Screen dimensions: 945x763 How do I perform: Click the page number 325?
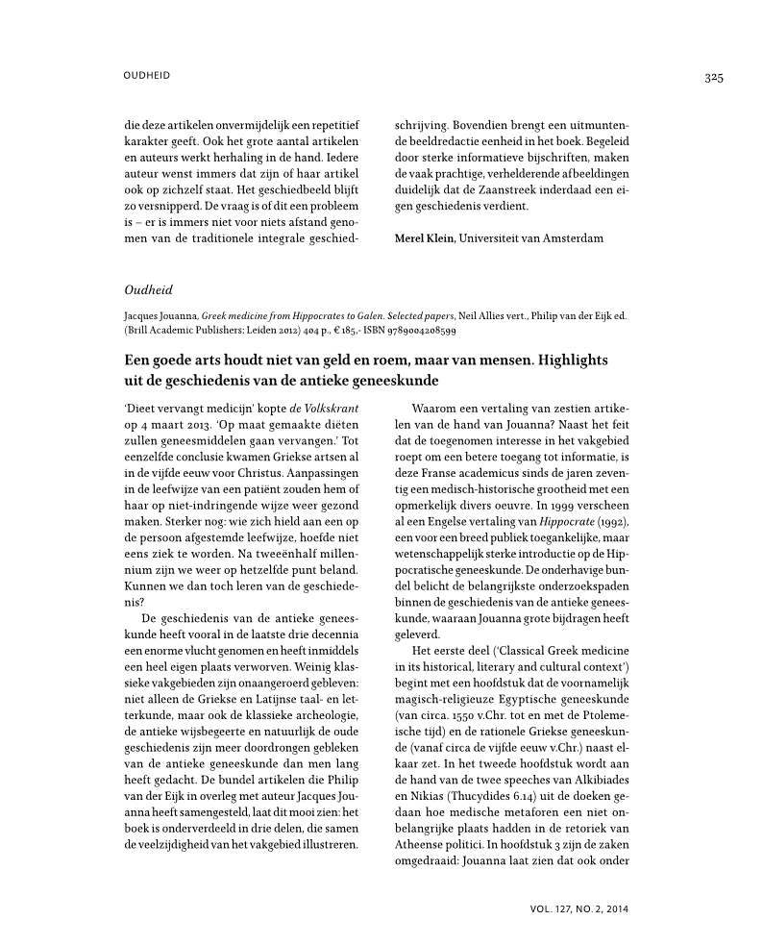(x=712, y=78)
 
